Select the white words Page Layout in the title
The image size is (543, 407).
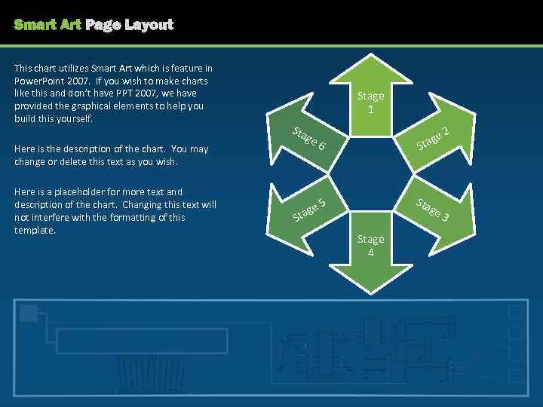click(130, 25)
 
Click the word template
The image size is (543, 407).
click(35, 231)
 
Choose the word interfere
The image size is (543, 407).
click(50, 218)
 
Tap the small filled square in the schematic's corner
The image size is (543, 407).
click(29, 313)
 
